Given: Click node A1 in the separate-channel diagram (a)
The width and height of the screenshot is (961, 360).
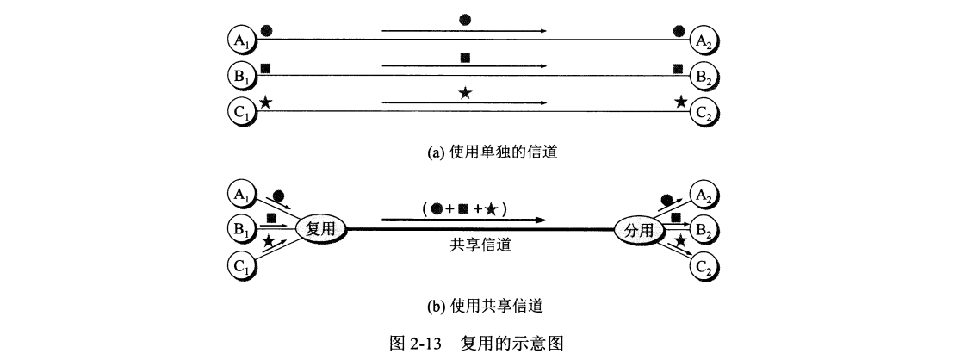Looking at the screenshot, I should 240,39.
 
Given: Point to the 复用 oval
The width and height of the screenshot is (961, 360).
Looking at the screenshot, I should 322,229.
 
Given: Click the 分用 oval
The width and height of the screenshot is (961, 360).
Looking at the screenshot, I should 639,230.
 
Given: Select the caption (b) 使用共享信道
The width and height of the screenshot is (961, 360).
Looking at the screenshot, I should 480,305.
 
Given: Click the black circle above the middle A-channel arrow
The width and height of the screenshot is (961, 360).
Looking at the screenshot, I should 465,20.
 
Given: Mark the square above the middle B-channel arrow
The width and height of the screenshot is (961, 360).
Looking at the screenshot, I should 465,58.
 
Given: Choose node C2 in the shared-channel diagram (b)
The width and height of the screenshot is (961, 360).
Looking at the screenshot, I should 704,266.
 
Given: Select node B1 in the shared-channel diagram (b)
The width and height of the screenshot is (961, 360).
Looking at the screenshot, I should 240,230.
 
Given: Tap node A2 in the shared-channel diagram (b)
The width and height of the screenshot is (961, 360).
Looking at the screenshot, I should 704,194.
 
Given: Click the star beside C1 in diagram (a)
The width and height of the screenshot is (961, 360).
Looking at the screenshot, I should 266,102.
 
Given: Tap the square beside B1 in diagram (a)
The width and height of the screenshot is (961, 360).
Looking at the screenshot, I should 266,67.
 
